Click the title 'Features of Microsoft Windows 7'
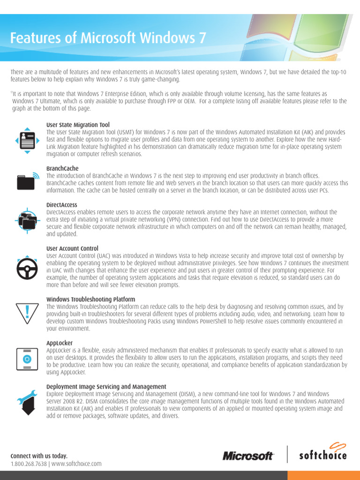(108, 38)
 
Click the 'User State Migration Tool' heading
(78, 125)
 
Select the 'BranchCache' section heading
(62, 168)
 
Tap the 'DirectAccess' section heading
(62, 205)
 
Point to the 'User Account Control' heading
(72, 248)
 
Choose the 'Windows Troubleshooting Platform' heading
(90, 300)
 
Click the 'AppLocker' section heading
(60, 343)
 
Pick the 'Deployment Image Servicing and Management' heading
(106, 387)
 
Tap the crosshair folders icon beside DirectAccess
(27, 219)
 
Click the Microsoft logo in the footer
(248, 456)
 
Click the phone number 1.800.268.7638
(29, 464)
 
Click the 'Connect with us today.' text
(39, 456)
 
